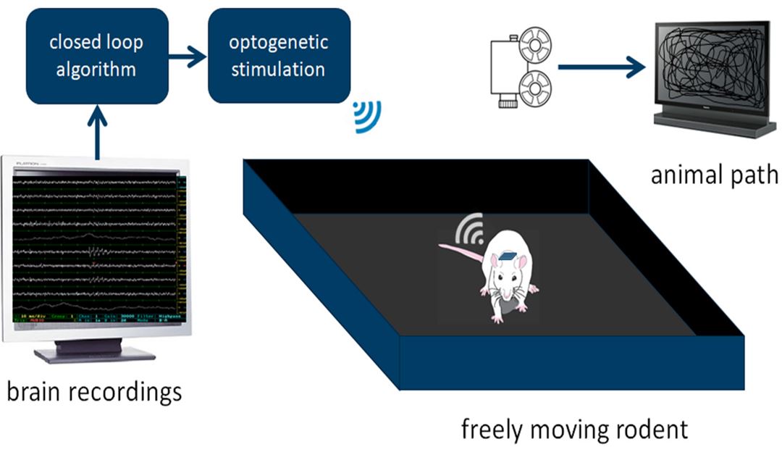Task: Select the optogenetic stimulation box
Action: (x=279, y=56)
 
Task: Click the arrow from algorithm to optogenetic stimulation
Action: (x=188, y=56)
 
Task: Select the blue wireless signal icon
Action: (x=367, y=117)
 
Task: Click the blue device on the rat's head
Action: (x=507, y=256)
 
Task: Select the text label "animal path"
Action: (x=714, y=175)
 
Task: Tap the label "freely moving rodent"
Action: (x=574, y=430)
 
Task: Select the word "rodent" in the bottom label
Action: (x=648, y=430)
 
